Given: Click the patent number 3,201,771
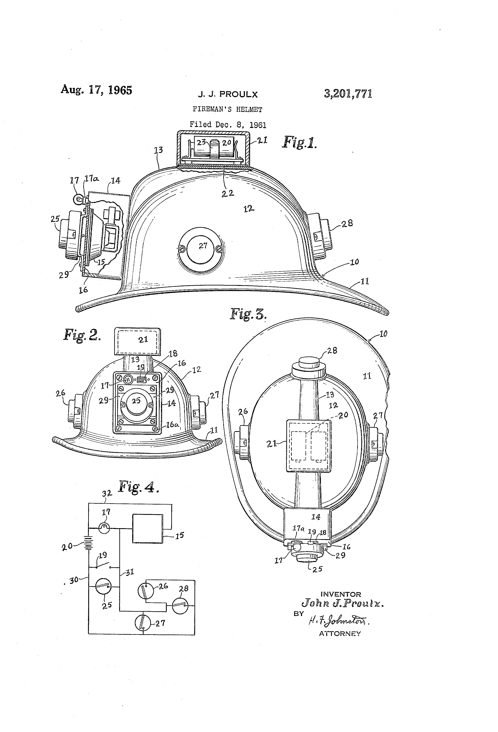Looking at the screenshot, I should (x=348, y=94).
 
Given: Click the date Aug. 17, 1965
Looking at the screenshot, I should (x=96, y=90).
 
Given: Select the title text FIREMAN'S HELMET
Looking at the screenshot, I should (x=227, y=110).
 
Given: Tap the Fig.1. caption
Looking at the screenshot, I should (x=299, y=142).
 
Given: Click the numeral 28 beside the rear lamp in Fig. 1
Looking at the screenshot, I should (x=347, y=223).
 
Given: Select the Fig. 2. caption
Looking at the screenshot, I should (x=82, y=335).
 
